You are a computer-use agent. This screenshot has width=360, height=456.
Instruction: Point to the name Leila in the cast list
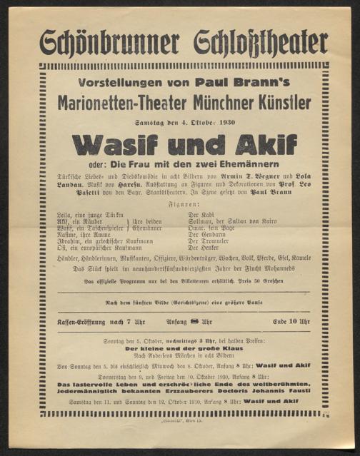tap(64, 214)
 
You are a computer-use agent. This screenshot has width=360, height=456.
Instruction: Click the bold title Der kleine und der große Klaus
tap(179, 350)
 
